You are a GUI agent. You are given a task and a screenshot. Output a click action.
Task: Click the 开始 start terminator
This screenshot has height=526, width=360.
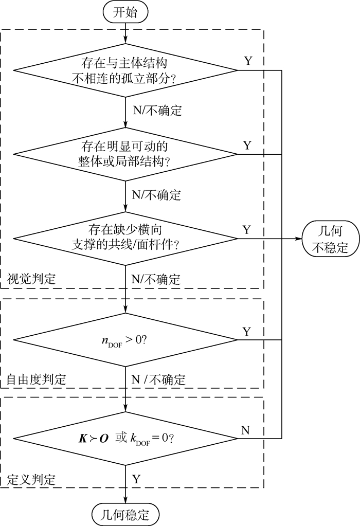click(125, 12)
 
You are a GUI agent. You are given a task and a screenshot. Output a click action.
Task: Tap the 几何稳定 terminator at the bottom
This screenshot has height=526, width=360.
click(125, 513)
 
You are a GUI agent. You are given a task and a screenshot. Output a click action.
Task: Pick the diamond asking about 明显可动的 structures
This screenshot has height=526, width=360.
click(125, 154)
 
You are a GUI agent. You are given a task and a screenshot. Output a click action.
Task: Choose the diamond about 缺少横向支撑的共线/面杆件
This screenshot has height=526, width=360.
click(125, 238)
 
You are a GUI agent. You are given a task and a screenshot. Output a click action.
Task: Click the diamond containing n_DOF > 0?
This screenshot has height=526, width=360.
click(125, 339)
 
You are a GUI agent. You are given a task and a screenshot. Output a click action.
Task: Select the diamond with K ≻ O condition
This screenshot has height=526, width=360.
click(125, 439)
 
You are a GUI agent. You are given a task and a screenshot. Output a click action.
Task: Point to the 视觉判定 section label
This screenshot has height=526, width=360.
click(31, 279)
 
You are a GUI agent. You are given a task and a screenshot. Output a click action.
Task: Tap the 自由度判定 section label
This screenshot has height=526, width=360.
click(36, 380)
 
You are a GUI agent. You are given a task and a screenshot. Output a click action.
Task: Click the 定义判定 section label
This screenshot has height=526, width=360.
click(31, 479)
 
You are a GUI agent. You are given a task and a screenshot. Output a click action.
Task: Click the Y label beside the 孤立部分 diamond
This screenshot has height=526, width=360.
click(247, 61)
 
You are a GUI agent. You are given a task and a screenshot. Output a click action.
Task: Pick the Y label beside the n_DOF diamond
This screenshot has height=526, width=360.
click(247, 332)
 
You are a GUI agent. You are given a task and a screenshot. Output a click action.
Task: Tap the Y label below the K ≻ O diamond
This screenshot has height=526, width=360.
click(136, 479)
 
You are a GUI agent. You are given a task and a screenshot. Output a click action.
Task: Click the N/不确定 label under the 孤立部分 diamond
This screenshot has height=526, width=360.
click(157, 111)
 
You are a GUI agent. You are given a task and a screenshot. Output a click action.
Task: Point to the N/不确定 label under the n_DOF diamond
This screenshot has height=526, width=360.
click(158, 380)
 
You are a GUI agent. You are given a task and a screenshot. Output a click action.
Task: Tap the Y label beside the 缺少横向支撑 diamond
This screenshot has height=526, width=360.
click(247, 229)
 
